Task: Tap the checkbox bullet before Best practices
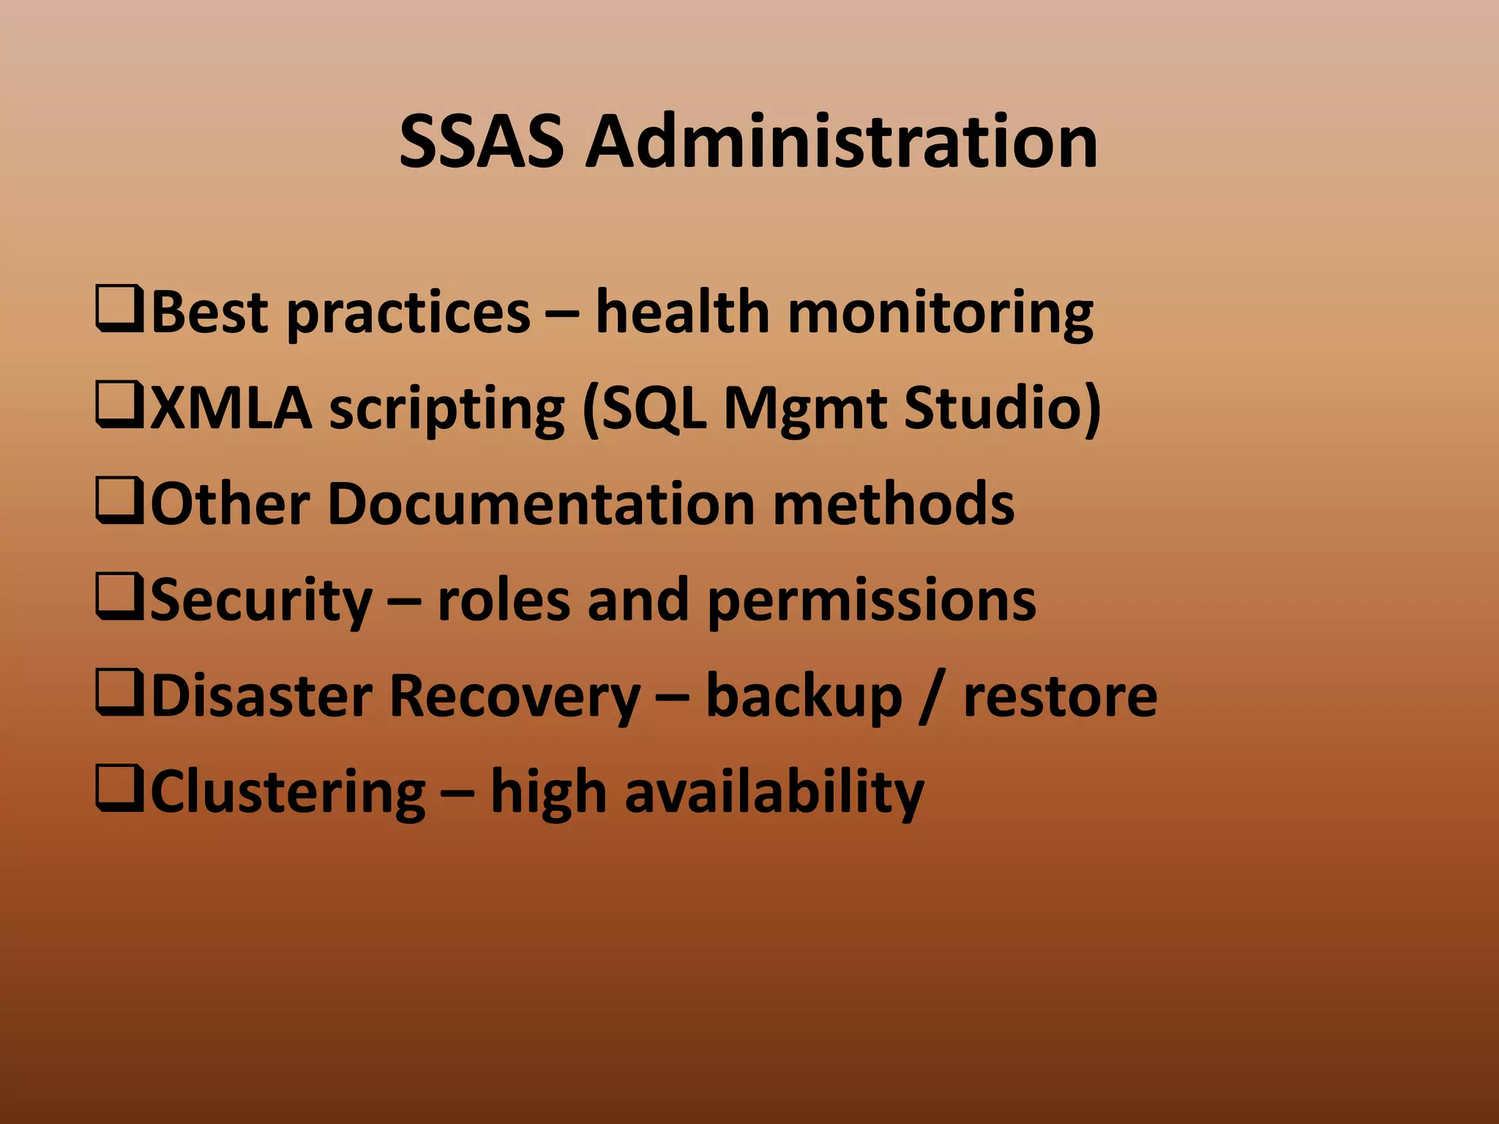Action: [x=119, y=311]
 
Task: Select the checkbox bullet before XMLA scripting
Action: [x=119, y=407]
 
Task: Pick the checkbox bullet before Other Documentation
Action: [x=119, y=503]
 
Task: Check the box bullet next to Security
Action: [x=119, y=599]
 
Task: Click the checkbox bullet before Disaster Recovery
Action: [x=119, y=694]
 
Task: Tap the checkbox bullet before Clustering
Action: [x=119, y=790]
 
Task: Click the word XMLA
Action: [x=231, y=408]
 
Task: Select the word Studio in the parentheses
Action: [x=993, y=408]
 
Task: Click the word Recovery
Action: [x=515, y=696]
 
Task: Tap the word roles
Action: [x=503, y=600]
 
